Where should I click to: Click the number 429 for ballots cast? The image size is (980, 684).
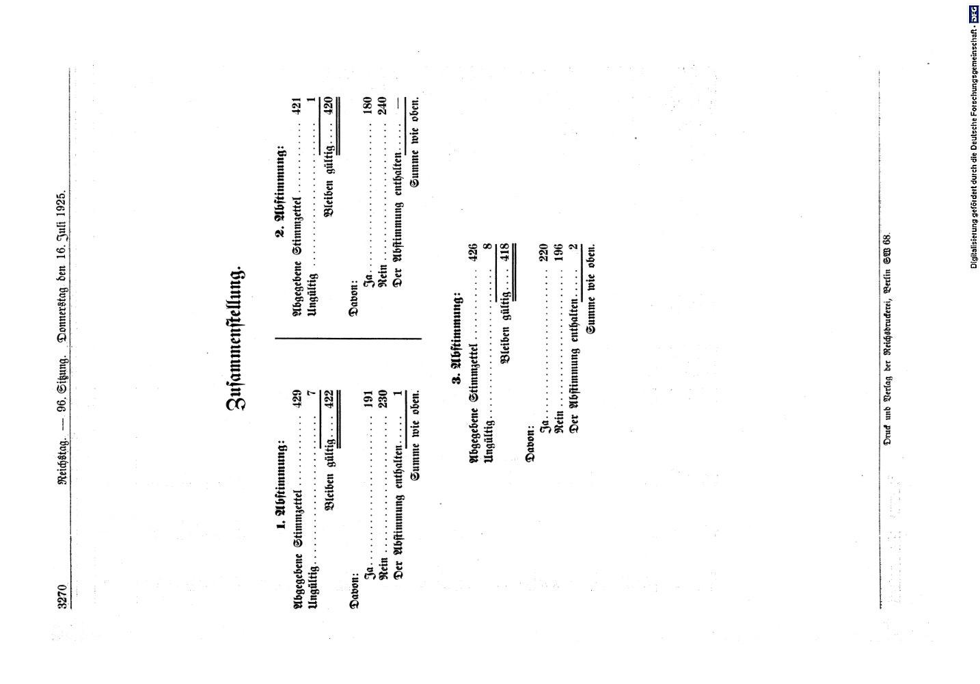(x=297, y=399)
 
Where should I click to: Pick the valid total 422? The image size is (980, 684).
(x=329, y=399)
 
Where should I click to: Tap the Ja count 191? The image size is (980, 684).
(x=368, y=399)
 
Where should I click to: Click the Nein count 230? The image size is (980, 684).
(x=383, y=399)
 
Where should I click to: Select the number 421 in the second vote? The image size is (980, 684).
(x=297, y=105)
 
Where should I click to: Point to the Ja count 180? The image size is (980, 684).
(x=368, y=105)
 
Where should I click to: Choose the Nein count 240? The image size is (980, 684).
(x=383, y=105)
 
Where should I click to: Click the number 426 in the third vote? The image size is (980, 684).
(x=473, y=252)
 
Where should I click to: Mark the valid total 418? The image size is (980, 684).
(x=504, y=252)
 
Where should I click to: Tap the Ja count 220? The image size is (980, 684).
(x=543, y=252)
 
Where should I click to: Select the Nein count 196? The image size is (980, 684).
(x=559, y=252)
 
